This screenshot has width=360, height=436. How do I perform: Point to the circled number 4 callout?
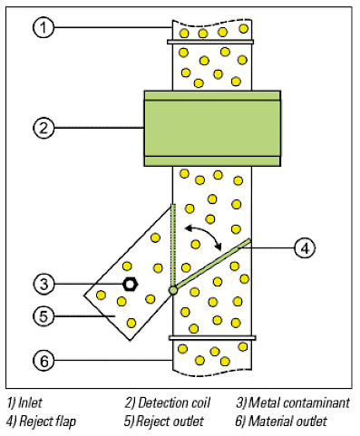tap(306, 246)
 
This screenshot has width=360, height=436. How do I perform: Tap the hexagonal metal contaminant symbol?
tap(130, 284)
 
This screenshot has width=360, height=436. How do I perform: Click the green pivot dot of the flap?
tap(172, 290)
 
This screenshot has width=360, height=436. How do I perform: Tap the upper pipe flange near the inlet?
tap(211, 42)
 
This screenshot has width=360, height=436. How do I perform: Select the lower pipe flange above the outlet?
tap(211, 338)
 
